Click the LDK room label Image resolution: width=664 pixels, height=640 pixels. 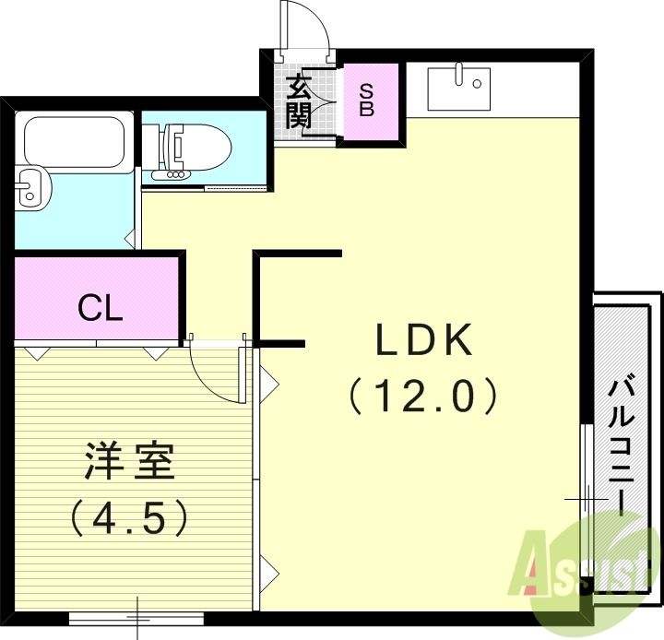point(423,342)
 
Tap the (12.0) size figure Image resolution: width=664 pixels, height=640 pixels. point(423,397)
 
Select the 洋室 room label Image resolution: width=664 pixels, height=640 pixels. point(129,461)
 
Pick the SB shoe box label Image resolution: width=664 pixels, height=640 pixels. point(366,100)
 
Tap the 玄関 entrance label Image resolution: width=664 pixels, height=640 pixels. point(299,101)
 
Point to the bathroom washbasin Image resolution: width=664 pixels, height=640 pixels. point(32,188)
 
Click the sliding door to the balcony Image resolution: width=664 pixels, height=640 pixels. point(586,498)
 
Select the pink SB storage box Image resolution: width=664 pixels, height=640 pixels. point(373,101)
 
